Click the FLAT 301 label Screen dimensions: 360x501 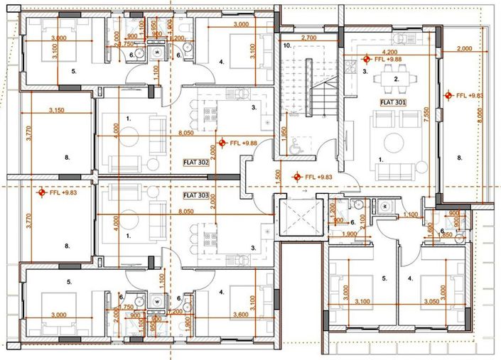coord(393,102)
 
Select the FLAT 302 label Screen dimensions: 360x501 coord(195,161)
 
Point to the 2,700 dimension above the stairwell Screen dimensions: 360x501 coord(308,37)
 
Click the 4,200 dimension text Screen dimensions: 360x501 coord(389,52)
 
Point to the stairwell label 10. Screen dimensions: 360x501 coord(287,45)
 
